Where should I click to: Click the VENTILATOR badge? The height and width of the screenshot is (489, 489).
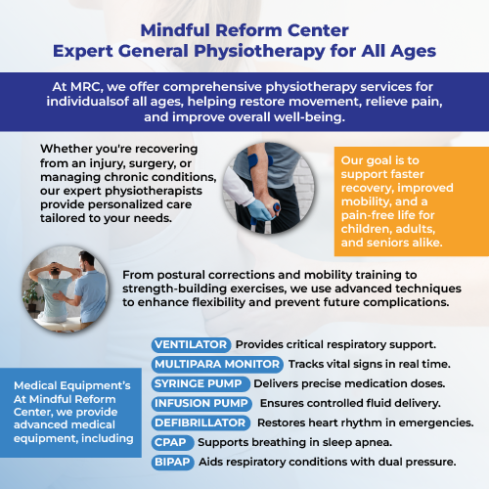(191, 344)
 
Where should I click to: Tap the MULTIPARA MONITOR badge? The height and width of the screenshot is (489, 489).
(217, 364)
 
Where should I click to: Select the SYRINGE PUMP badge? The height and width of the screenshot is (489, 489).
(200, 383)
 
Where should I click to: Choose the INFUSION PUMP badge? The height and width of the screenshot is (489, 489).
(201, 403)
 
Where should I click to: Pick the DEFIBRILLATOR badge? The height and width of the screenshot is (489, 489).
(200, 422)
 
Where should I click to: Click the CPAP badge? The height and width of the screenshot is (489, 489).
(172, 442)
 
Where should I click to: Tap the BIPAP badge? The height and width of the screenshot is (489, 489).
(173, 462)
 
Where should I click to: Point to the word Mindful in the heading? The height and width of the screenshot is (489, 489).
(175, 30)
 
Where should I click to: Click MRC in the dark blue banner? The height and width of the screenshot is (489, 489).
(85, 87)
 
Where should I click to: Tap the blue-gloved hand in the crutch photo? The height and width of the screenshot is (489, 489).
(259, 209)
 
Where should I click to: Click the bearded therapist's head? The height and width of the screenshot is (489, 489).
(86, 261)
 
